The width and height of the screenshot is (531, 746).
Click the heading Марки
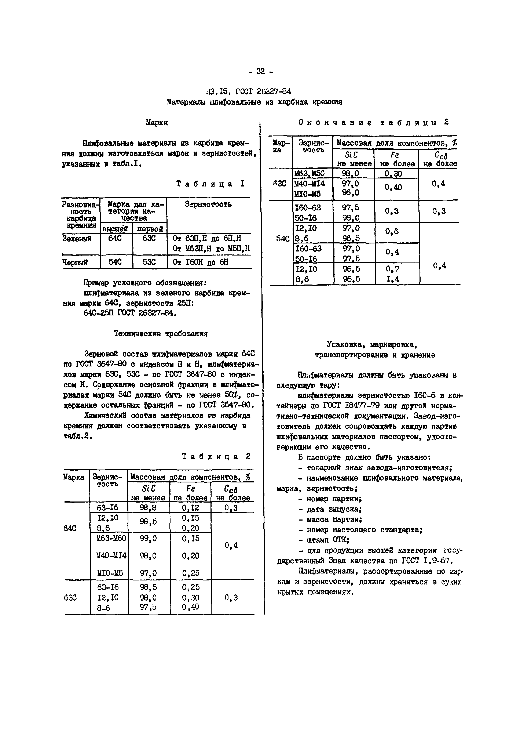[157, 123]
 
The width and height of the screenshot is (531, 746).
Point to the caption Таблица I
[210, 184]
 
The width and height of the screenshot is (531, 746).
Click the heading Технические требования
[161, 334]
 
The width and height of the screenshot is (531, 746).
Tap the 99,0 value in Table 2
[148, 539]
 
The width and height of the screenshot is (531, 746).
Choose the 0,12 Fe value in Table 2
[191, 507]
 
